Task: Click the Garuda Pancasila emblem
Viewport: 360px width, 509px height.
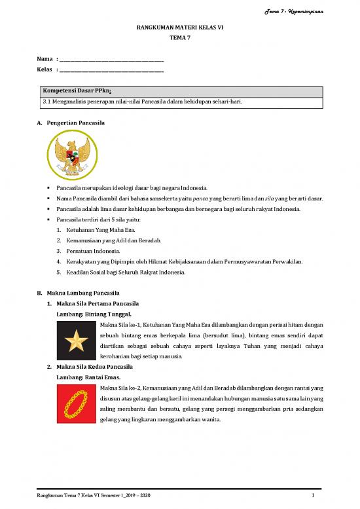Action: (73, 153)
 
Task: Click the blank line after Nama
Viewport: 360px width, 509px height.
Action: (111, 60)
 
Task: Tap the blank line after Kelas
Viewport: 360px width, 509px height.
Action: (111, 69)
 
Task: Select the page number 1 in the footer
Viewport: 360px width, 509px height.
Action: (314, 495)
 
